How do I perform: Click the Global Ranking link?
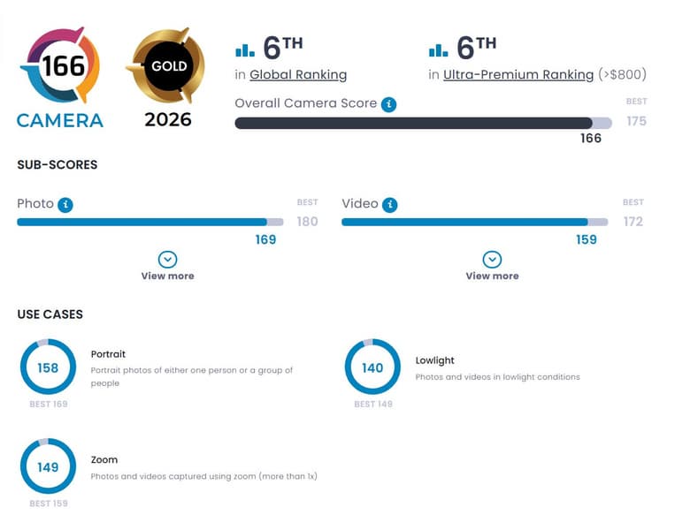pyautogui.click(x=298, y=75)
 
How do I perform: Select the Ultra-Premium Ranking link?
pyautogui.click(x=518, y=75)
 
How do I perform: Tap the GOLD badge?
pyautogui.click(x=167, y=66)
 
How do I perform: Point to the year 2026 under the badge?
pyautogui.click(x=167, y=119)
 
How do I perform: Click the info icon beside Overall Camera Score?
pyautogui.click(x=388, y=104)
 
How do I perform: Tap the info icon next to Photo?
pyautogui.click(x=65, y=204)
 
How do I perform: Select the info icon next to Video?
pyautogui.click(x=390, y=204)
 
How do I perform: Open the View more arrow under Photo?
pyautogui.click(x=167, y=259)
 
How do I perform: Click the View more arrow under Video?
pyautogui.click(x=492, y=259)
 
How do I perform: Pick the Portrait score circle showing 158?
pyautogui.click(x=48, y=367)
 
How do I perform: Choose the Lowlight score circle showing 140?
pyautogui.click(x=372, y=367)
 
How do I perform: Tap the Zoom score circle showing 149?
pyautogui.click(x=48, y=466)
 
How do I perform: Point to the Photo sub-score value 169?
pyautogui.click(x=265, y=239)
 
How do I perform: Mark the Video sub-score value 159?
pyautogui.click(x=587, y=239)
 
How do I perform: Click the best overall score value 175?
pyautogui.click(x=636, y=121)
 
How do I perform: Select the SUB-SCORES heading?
pyautogui.click(x=58, y=164)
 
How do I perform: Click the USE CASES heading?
pyautogui.click(x=50, y=314)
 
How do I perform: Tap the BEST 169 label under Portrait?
pyautogui.click(x=48, y=404)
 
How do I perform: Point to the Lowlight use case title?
pyautogui.click(x=435, y=360)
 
